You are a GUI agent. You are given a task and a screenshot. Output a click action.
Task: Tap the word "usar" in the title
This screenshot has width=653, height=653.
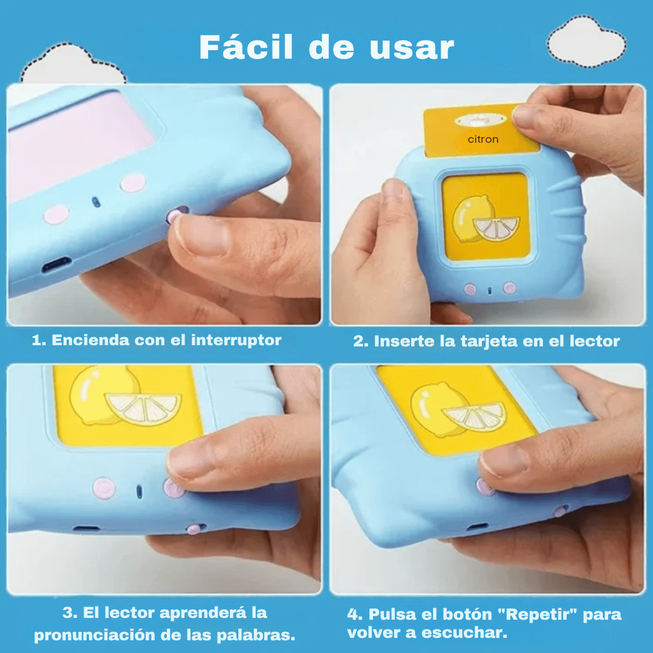[412, 49]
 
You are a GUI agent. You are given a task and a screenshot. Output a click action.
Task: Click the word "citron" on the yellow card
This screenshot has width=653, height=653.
[483, 139]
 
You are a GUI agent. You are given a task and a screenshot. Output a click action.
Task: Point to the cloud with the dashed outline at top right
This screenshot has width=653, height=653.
[586, 42]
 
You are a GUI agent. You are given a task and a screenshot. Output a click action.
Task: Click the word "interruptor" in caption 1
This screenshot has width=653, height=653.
[236, 340]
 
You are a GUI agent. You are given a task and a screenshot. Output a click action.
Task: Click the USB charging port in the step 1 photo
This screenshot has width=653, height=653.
[57, 264]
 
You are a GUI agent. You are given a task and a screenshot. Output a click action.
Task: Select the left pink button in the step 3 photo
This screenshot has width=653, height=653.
[104, 488]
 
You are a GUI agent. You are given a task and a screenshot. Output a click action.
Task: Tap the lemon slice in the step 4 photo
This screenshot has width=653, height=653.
[474, 417]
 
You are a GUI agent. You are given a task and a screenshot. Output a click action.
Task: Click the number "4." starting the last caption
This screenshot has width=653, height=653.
[355, 615]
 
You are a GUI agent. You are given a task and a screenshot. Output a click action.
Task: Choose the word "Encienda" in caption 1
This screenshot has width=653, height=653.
[90, 340]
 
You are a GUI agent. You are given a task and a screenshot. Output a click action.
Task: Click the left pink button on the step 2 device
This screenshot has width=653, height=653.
[470, 290]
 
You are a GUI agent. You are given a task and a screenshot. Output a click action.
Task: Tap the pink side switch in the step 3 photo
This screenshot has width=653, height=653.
[194, 529]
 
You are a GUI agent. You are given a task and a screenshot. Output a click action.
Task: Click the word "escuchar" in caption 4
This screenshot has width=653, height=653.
[464, 633]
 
